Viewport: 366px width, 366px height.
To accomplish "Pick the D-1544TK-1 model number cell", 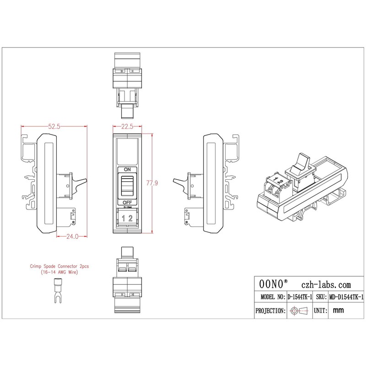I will click(300, 297).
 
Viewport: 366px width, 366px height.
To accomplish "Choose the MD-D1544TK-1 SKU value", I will click(346, 297).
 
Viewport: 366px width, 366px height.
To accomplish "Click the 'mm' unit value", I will click(339, 311).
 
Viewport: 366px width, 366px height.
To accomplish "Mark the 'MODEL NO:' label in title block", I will click(270, 297).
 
